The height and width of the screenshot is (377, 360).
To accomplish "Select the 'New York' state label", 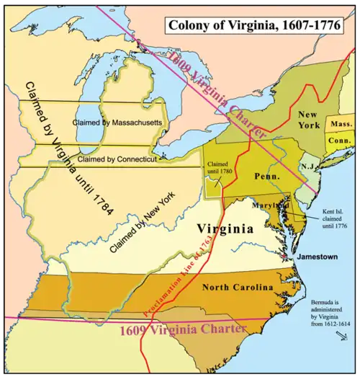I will tap(308, 121).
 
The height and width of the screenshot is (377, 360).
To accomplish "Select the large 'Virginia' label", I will tap(225, 229).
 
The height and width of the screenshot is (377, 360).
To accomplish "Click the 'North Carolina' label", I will tap(238, 287).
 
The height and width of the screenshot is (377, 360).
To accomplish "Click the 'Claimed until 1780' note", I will tap(219, 171).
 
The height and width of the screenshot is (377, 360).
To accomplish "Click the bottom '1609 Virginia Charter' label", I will tap(184, 329).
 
